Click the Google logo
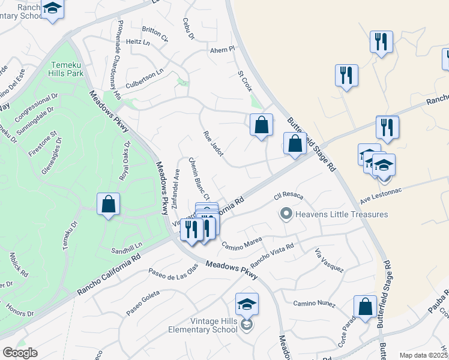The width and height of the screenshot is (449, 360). pos(20,353)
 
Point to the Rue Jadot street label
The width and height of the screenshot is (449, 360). pos(213,144)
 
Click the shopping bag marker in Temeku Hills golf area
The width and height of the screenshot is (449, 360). pos(108,204)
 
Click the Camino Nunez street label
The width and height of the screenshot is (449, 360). pos(314,304)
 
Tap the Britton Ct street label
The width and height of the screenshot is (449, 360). pos(155,30)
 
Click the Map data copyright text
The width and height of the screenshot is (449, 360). pos(424,355)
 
